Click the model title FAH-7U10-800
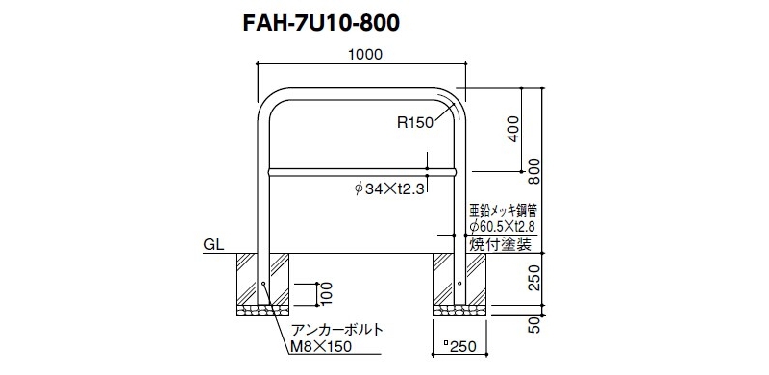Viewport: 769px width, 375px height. click(321, 24)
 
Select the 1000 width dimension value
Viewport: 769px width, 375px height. click(365, 55)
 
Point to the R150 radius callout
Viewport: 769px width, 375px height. click(415, 123)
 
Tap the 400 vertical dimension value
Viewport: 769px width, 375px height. click(513, 129)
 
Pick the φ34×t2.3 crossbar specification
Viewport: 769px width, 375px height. click(388, 188)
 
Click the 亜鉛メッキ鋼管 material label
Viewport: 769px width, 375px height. click(504, 212)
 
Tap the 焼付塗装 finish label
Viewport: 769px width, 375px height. click(500, 244)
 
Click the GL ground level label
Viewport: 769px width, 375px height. click(213, 245)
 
